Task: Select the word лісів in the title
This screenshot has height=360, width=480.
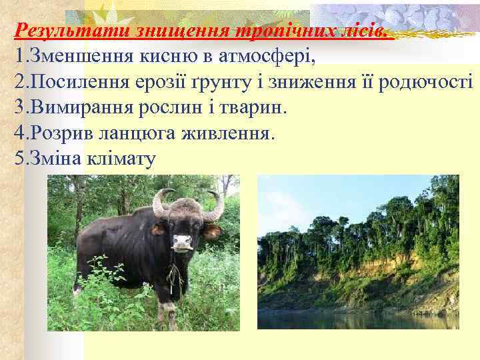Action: pyautogui.click(x=363, y=31)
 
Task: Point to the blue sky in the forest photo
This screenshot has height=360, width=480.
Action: pyautogui.click(x=320, y=197)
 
